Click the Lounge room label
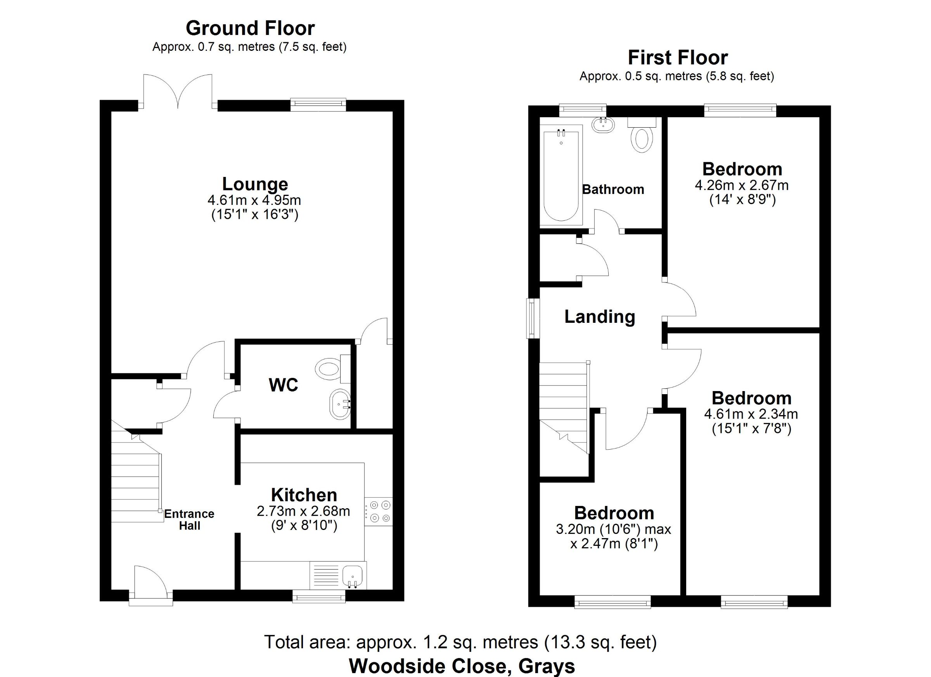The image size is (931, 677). coord(255,184)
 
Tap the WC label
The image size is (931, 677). coord(283,385)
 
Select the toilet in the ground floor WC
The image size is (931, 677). coord(332,368)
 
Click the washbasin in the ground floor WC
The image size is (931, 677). coord(341,404)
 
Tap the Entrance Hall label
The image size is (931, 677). coord(189,520)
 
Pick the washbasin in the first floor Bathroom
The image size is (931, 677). coord(603,125)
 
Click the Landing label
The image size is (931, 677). coord(600,317)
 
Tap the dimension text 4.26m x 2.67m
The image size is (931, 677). coord(742,185)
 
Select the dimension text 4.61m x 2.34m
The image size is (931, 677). coord(751,414)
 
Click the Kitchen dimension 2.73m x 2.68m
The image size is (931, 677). coord(303,511)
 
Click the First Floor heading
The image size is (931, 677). coord(678,57)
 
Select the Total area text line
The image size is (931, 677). coord(460,642)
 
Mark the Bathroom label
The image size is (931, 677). coord(613,190)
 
